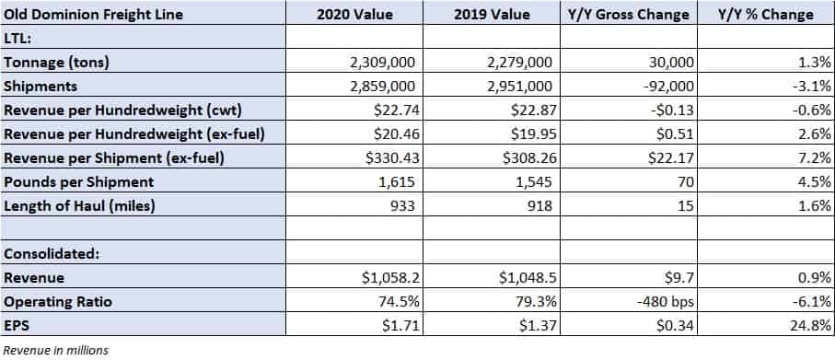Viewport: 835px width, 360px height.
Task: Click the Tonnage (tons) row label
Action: point(56,63)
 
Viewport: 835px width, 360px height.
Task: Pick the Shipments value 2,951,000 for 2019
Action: point(519,87)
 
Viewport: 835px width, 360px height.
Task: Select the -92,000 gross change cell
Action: point(666,87)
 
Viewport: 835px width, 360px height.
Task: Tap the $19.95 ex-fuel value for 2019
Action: point(534,134)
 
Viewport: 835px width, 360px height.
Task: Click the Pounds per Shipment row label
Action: point(79,182)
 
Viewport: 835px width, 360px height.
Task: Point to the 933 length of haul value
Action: point(402,205)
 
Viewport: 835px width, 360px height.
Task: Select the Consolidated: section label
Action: point(52,253)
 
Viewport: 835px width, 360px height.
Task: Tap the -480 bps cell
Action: point(666,302)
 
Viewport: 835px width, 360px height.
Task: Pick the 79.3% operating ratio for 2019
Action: point(539,302)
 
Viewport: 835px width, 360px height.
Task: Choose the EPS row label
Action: point(14,325)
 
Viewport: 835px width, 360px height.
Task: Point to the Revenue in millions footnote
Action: point(56,351)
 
